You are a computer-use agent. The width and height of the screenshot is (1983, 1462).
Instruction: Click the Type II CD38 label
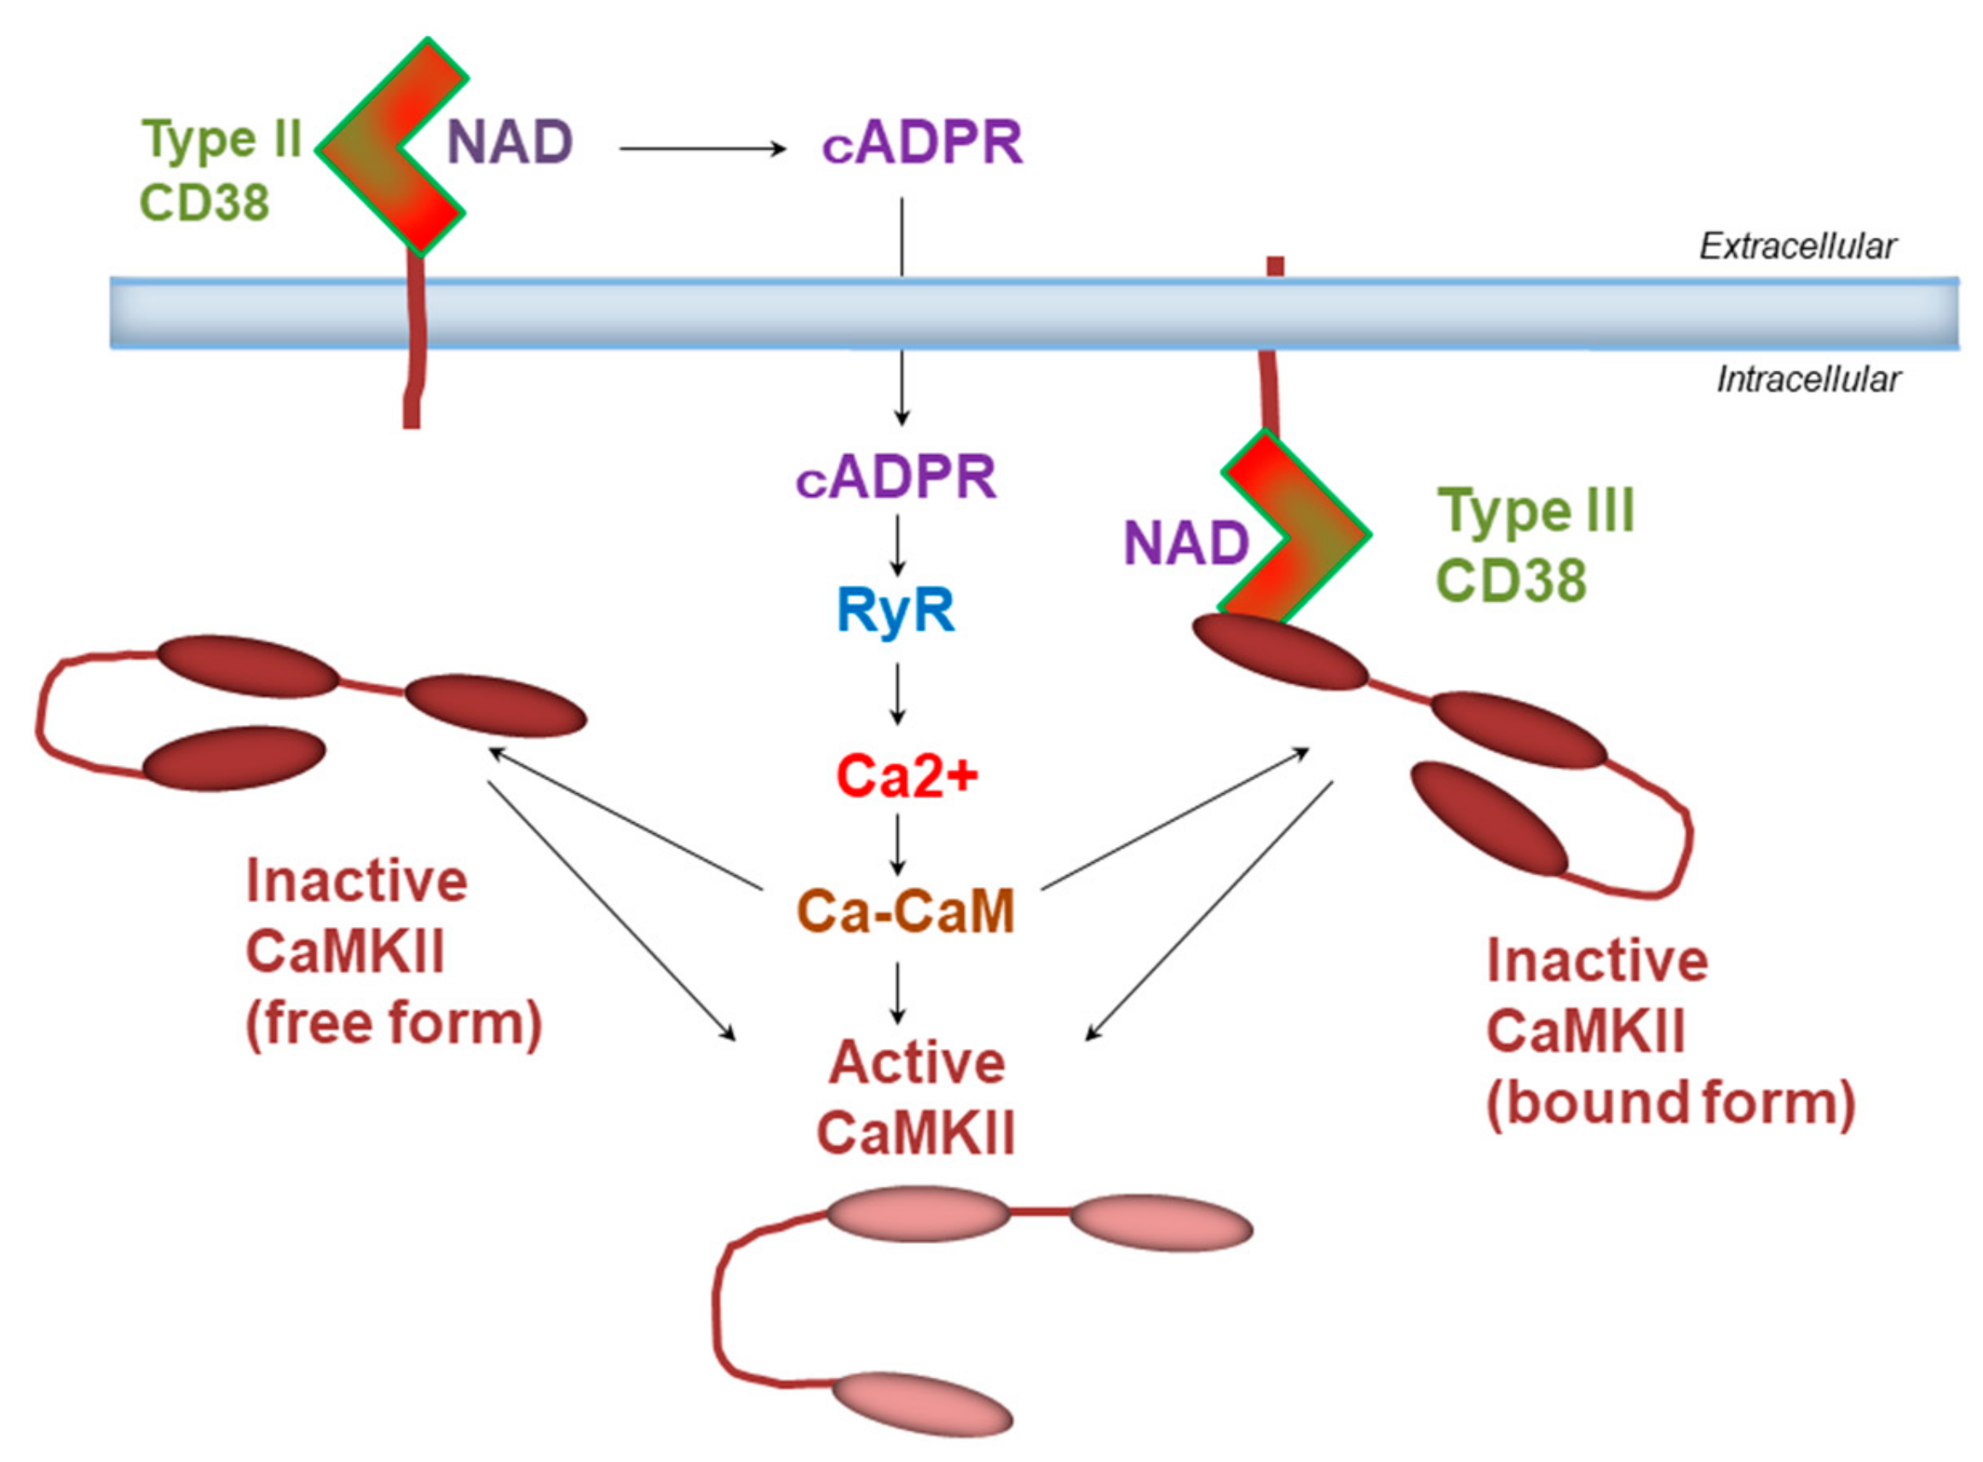[x=217, y=170]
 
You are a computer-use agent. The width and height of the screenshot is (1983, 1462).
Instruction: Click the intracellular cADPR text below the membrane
[x=896, y=478]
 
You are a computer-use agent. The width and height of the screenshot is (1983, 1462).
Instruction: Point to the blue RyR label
[x=896, y=611]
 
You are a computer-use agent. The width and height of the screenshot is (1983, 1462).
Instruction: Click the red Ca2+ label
[x=907, y=776]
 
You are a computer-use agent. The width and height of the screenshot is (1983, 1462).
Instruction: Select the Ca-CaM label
[x=906, y=912]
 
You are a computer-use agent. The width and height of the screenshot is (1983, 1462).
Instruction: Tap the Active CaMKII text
[x=915, y=1097]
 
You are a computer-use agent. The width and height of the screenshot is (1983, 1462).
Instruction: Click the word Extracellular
[x=1797, y=246]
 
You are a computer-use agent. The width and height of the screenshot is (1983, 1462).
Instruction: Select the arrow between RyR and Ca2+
[x=897, y=694]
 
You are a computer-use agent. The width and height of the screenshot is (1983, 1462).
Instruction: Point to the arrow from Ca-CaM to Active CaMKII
[x=897, y=992]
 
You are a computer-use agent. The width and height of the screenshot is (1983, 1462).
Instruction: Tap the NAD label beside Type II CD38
[x=510, y=142]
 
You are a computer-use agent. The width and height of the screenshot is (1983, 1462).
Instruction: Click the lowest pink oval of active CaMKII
[x=921, y=1403]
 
